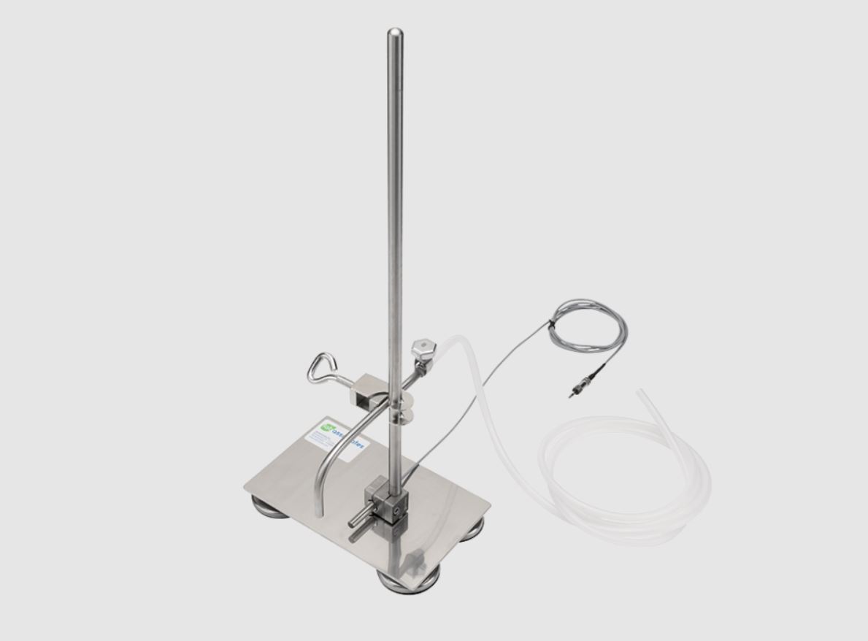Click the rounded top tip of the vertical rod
[x=395, y=33]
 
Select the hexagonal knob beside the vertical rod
[x=423, y=345]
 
